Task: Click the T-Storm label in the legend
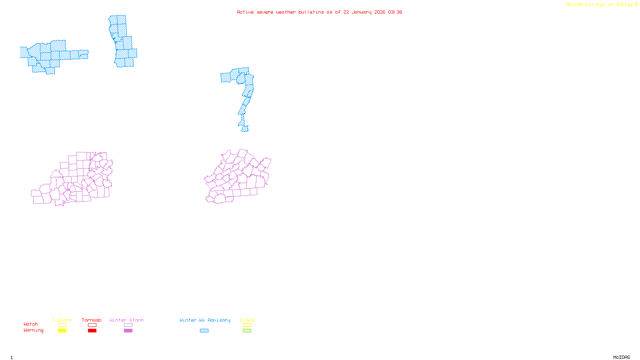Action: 62,320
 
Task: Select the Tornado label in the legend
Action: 92,320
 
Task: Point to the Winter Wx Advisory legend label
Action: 205,320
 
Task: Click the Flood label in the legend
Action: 247,320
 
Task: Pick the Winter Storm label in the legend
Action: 126,320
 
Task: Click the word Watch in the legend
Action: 31,324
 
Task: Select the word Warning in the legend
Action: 34,330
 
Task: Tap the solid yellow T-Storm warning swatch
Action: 62,331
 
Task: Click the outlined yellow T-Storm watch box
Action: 62,325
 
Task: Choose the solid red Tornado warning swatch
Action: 92,331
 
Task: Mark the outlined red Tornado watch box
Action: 92,325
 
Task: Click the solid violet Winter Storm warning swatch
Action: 128,331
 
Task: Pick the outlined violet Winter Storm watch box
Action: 128,325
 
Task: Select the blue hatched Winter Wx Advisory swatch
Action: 204,331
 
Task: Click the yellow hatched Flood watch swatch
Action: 247,325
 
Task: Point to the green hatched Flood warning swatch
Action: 247,331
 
